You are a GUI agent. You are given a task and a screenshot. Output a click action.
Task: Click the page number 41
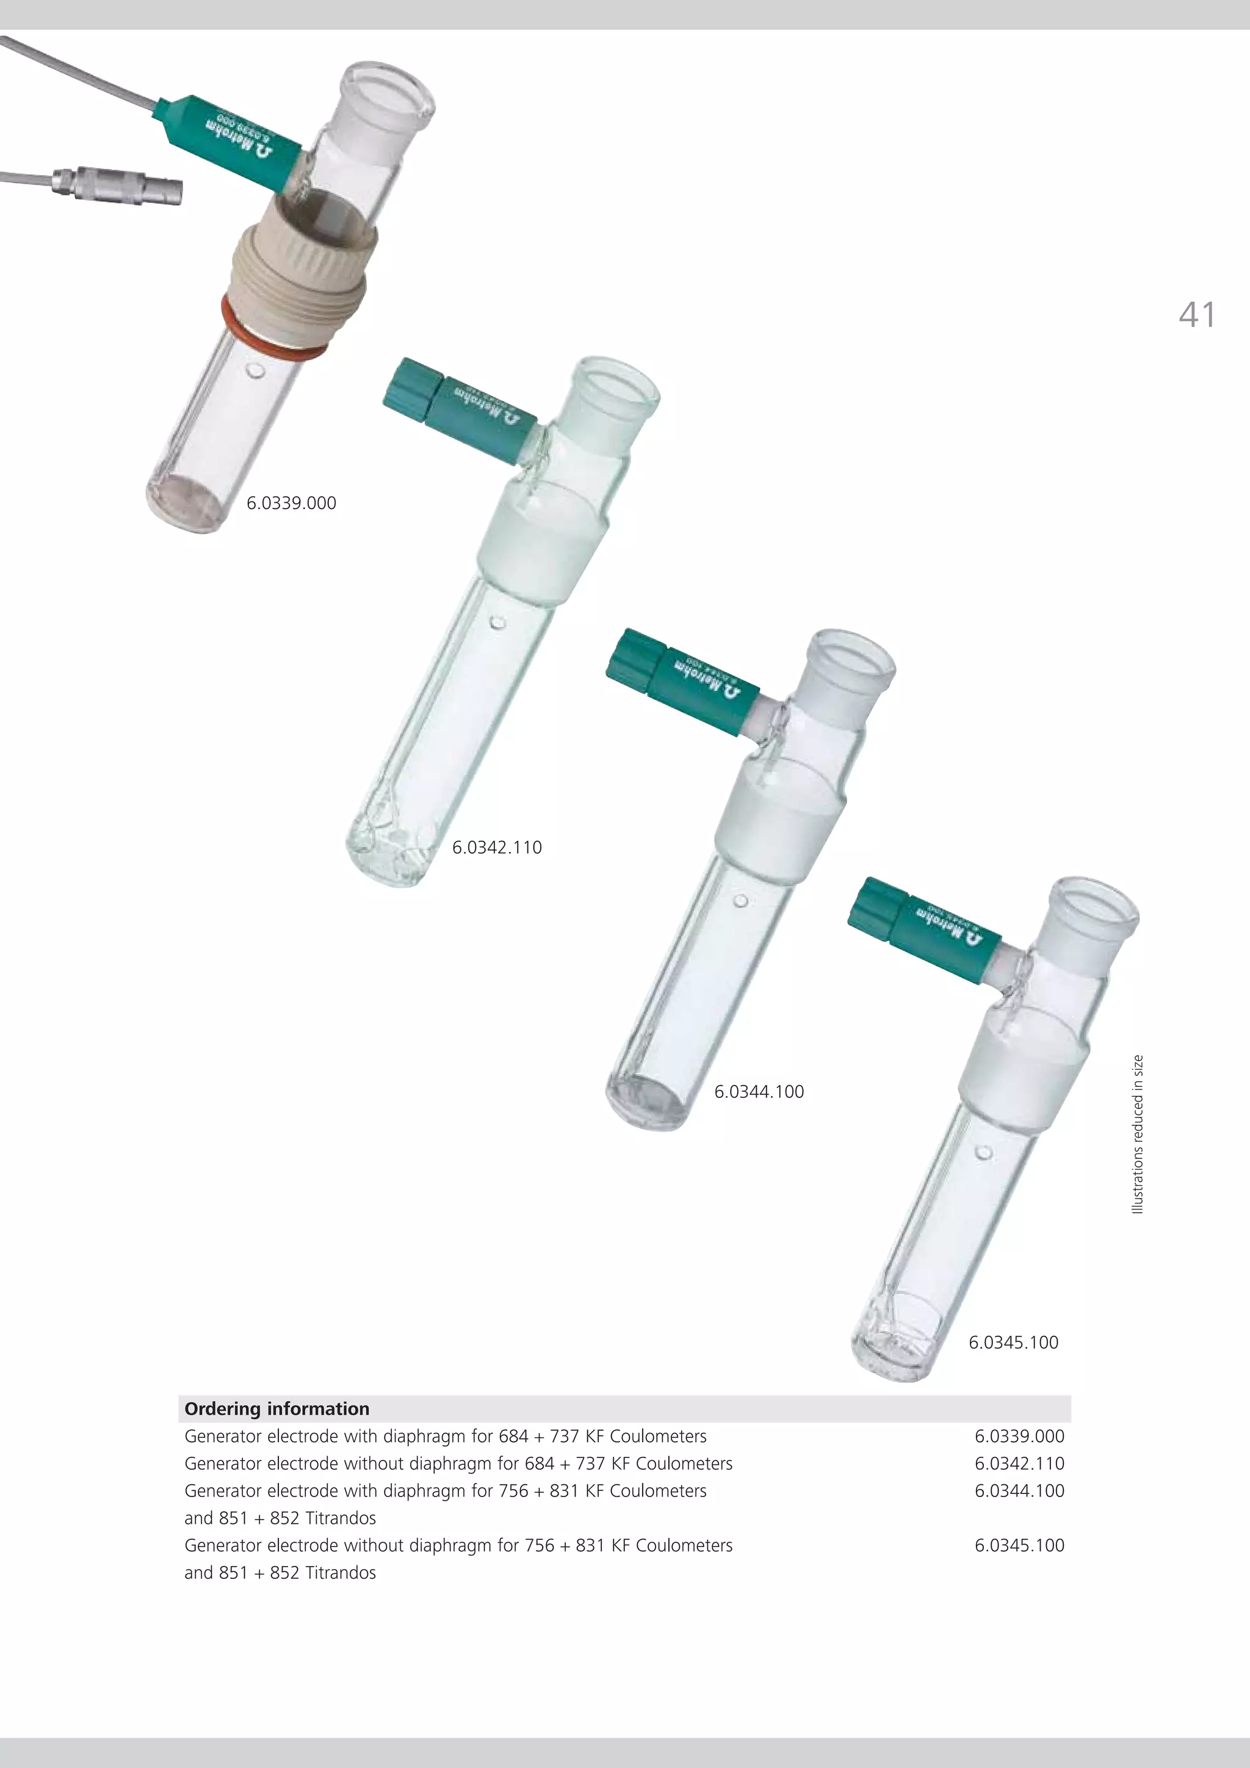(1197, 315)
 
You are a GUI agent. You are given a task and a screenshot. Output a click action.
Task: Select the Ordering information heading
(276, 1409)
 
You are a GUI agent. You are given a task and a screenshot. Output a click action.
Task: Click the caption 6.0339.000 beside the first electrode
(291, 503)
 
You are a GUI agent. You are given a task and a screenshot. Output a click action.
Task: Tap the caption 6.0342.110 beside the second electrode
(497, 847)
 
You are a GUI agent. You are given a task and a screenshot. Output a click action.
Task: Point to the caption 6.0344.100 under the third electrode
(759, 1091)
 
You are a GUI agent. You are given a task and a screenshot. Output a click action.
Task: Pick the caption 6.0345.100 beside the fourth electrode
(1013, 1342)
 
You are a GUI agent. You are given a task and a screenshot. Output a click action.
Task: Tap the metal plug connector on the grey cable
(115, 187)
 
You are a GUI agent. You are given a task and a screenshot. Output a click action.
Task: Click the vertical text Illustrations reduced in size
(1138, 1135)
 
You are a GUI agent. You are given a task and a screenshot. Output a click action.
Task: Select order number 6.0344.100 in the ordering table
(1019, 1490)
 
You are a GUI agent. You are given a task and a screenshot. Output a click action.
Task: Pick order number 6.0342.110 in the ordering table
(1019, 1463)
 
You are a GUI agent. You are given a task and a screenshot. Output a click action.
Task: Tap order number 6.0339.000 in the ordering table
(1019, 1436)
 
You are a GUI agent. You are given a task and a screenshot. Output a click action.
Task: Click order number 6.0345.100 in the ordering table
(1019, 1545)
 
